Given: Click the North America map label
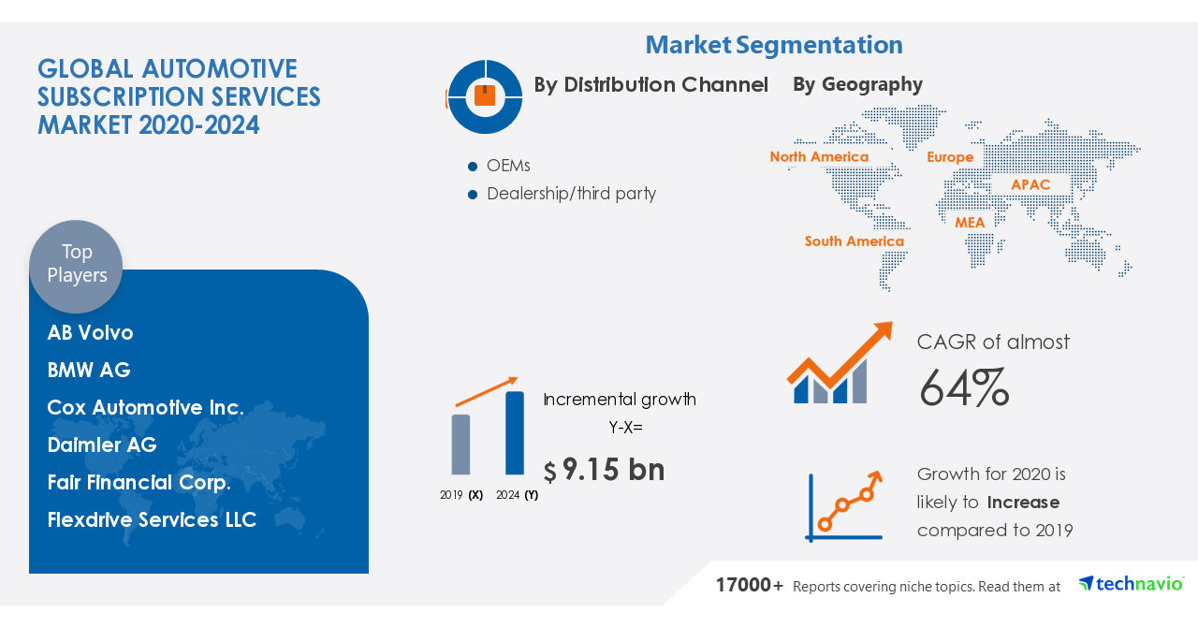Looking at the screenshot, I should pos(819,157).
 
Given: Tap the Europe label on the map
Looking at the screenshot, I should pos(950,157).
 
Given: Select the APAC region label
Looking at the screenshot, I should pos(1030,185).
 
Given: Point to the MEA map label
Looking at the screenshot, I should pos(970,223).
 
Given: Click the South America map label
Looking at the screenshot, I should pos(855,241).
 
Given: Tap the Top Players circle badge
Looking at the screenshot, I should pos(76,265).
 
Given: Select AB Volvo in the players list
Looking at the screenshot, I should pos(91,333).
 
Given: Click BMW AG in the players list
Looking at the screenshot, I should pos(89,371).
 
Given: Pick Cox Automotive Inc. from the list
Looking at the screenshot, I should pos(145,408).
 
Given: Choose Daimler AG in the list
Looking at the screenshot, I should pos(102,445).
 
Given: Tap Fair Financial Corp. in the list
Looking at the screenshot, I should pos(139,483).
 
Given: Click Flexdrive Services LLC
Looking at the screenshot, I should pos(152,520).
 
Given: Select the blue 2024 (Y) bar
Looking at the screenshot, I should pos(515,433).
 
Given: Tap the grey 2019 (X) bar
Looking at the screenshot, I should pos(460,445).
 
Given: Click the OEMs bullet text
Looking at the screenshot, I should pos(508,166).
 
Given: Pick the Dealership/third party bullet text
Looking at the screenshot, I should pos(571,194).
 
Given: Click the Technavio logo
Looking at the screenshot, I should pos(1131,584).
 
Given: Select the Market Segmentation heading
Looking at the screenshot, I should pos(774,45).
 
